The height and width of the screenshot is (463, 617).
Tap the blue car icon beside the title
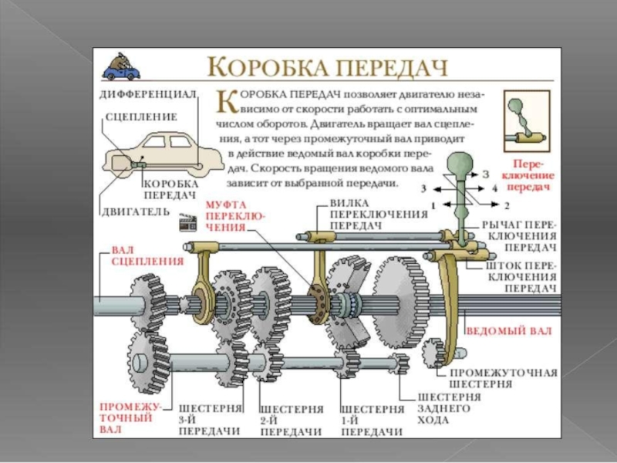point(123,68)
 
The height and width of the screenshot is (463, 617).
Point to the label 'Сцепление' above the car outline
point(141,117)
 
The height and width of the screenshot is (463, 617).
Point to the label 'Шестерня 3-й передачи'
point(211,419)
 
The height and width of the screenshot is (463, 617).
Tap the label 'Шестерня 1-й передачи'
point(372,419)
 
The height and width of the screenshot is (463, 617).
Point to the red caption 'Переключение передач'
point(531,176)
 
